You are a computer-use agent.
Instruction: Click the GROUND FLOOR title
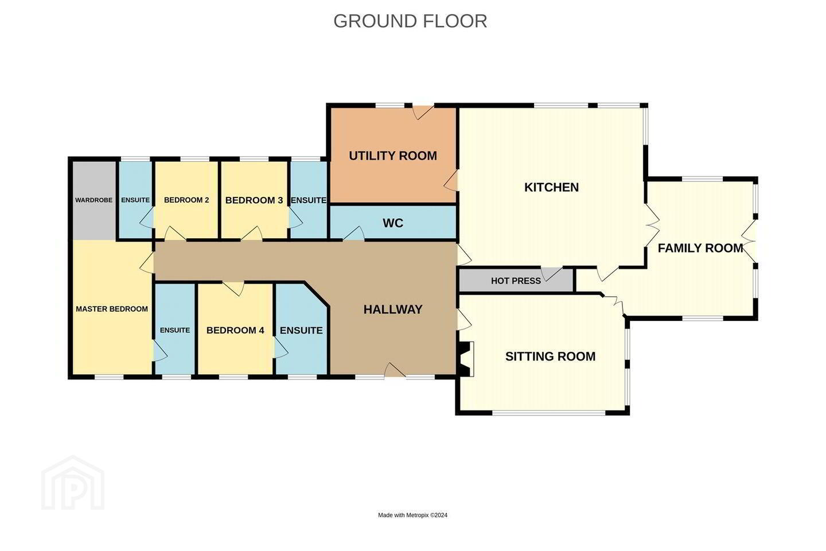pyautogui.click(x=410, y=21)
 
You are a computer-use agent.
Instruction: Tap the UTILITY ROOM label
pyautogui.click(x=393, y=156)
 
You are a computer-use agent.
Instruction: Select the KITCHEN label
pyautogui.click(x=551, y=188)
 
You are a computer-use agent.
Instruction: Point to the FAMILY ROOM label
pyautogui.click(x=700, y=248)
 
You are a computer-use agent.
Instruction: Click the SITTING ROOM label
pyautogui.click(x=550, y=356)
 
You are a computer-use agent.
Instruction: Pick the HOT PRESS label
pyautogui.click(x=516, y=281)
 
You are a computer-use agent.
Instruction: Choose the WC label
pyautogui.click(x=393, y=223)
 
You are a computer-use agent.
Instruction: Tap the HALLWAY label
pyautogui.click(x=393, y=309)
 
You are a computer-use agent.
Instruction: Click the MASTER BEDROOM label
pyautogui.click(x=112, y=309)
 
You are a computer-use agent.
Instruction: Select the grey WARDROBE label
pyautogui.click(x=93, y=200)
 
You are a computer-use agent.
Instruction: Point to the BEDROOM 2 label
pyautogui.click(x=186, y=200)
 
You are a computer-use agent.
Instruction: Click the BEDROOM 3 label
pyautogui.click(x=254, y=200)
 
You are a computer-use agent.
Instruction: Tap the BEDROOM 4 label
pyautogui.click(x=235, y=330)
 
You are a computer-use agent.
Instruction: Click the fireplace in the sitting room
pyautogui.click(x=465, y=359)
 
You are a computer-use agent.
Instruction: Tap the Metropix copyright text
pyautogui.click(x=412, y=515)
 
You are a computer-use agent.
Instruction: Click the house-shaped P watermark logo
pyautogui.click(x=73, y=483)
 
